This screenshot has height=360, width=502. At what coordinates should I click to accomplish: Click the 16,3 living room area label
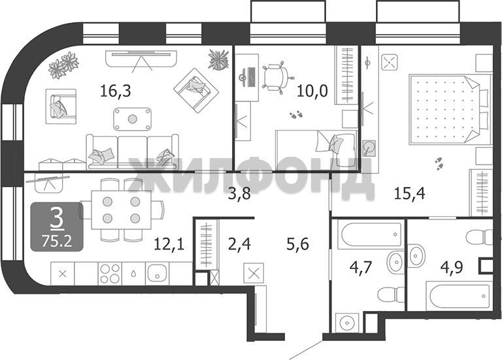point(116,91)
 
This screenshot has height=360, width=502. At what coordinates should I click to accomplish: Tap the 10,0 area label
point(312,91)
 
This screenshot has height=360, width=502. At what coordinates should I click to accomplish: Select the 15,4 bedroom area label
point(409,193)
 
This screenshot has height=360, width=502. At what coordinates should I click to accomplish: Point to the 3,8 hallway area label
point(239,193)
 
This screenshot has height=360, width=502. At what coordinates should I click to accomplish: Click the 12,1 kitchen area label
point(169,245)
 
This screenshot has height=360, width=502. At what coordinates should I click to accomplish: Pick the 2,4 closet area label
point(239,244)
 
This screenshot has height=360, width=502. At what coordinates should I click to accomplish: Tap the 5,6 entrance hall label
point(297,245)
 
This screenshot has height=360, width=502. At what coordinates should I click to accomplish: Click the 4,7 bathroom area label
point(361,267)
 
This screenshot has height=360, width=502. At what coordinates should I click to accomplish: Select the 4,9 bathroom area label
point(452,267)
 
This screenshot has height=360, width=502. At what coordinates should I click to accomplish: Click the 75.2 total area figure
point(57,240)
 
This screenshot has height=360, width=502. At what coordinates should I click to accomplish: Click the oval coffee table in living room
point(132,119)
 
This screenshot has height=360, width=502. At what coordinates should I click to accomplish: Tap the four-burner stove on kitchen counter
point(110,274)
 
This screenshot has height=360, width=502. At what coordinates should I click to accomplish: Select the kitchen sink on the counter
point(157,274)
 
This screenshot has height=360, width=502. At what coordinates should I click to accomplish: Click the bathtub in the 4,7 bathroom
point(371,235)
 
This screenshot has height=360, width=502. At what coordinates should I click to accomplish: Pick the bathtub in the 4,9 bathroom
point(460,296)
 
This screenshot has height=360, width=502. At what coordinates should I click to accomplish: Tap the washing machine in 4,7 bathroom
point(346,323)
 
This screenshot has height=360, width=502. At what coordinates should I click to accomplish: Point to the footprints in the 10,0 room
point(296,114)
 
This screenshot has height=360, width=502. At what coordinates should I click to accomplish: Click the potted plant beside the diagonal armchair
point(219,59)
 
